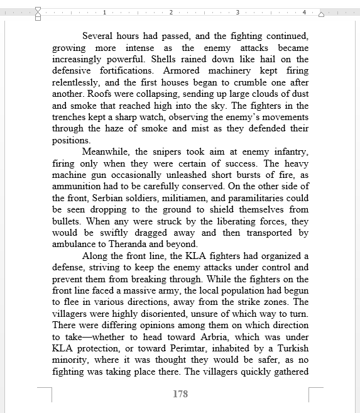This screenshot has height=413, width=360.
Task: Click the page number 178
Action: click(x=180, y=394)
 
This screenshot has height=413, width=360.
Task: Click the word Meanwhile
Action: click(x=106, y=151)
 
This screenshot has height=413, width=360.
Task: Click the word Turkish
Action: click(x=290, y=348)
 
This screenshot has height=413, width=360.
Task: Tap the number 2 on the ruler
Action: click(x=170, y=12)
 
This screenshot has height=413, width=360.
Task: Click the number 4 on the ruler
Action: click(x=303, y=12)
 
